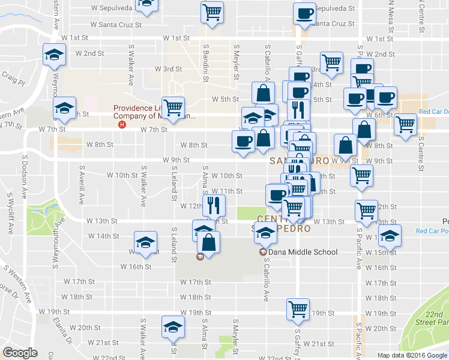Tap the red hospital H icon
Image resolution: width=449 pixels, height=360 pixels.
point(122,125)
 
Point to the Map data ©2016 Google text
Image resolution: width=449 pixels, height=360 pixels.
point(412,355)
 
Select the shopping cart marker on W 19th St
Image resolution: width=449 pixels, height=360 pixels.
point(298,310)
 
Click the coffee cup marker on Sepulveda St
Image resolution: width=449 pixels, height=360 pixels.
point(304,14)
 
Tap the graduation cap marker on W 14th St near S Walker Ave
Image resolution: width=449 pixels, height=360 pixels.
point(145,242)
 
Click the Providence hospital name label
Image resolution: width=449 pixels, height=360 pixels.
point(155,112)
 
